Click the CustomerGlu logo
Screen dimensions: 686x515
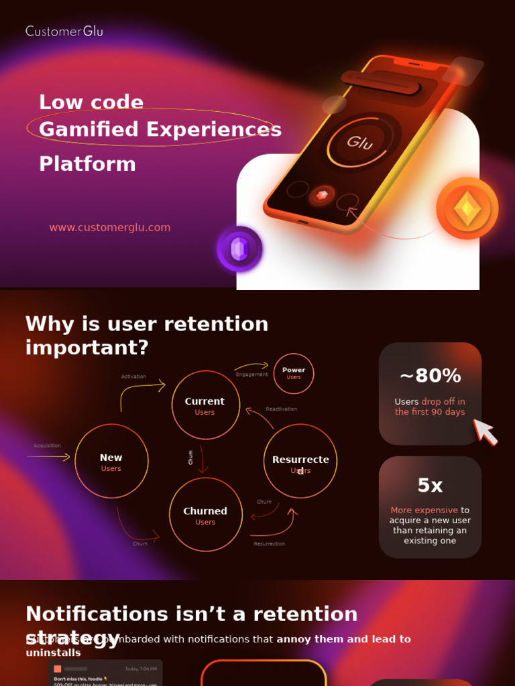tap(64, 31)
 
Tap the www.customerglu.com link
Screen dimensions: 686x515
tap(110, 228)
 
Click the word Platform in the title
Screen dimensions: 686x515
tap(87, 164)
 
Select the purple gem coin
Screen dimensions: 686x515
tap(239, 249)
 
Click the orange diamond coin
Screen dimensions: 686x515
tap(467, 209)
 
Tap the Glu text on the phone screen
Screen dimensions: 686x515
tap(360, 142)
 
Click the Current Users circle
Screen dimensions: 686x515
tap(205, 405)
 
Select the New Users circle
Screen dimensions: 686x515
tap(111, 461)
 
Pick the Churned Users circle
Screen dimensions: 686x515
tap(205, 514)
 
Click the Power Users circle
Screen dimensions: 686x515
tap(294, 373)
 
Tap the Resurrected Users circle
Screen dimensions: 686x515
tap(300, 462)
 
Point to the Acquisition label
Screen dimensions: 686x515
tap(48, 445)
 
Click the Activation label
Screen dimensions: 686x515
tap(133, 376)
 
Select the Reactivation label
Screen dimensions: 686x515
tap(281, 409)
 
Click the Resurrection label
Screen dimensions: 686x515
tap(269, 544)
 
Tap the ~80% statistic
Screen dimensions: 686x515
tap(430, 376)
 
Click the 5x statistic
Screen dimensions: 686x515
tap(430, 486)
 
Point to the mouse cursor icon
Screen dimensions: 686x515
tap(485, 432)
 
